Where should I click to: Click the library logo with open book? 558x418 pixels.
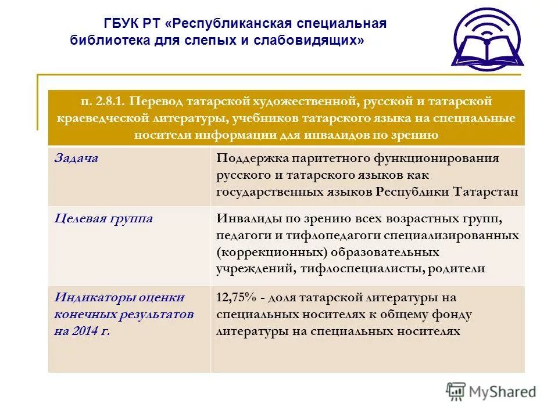coord(488,39)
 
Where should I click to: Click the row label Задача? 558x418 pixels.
coord(76,158)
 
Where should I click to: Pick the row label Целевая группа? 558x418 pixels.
coord(103,218)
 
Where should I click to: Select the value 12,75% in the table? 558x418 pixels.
coord(235,298)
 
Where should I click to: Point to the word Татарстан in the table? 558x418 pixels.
coord(484,192)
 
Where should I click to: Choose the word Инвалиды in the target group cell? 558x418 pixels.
coord(247,219)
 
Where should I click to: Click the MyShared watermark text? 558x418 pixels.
coord(503,391)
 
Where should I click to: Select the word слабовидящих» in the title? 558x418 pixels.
coord(315,40)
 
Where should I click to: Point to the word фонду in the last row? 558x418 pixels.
coord(452,315)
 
